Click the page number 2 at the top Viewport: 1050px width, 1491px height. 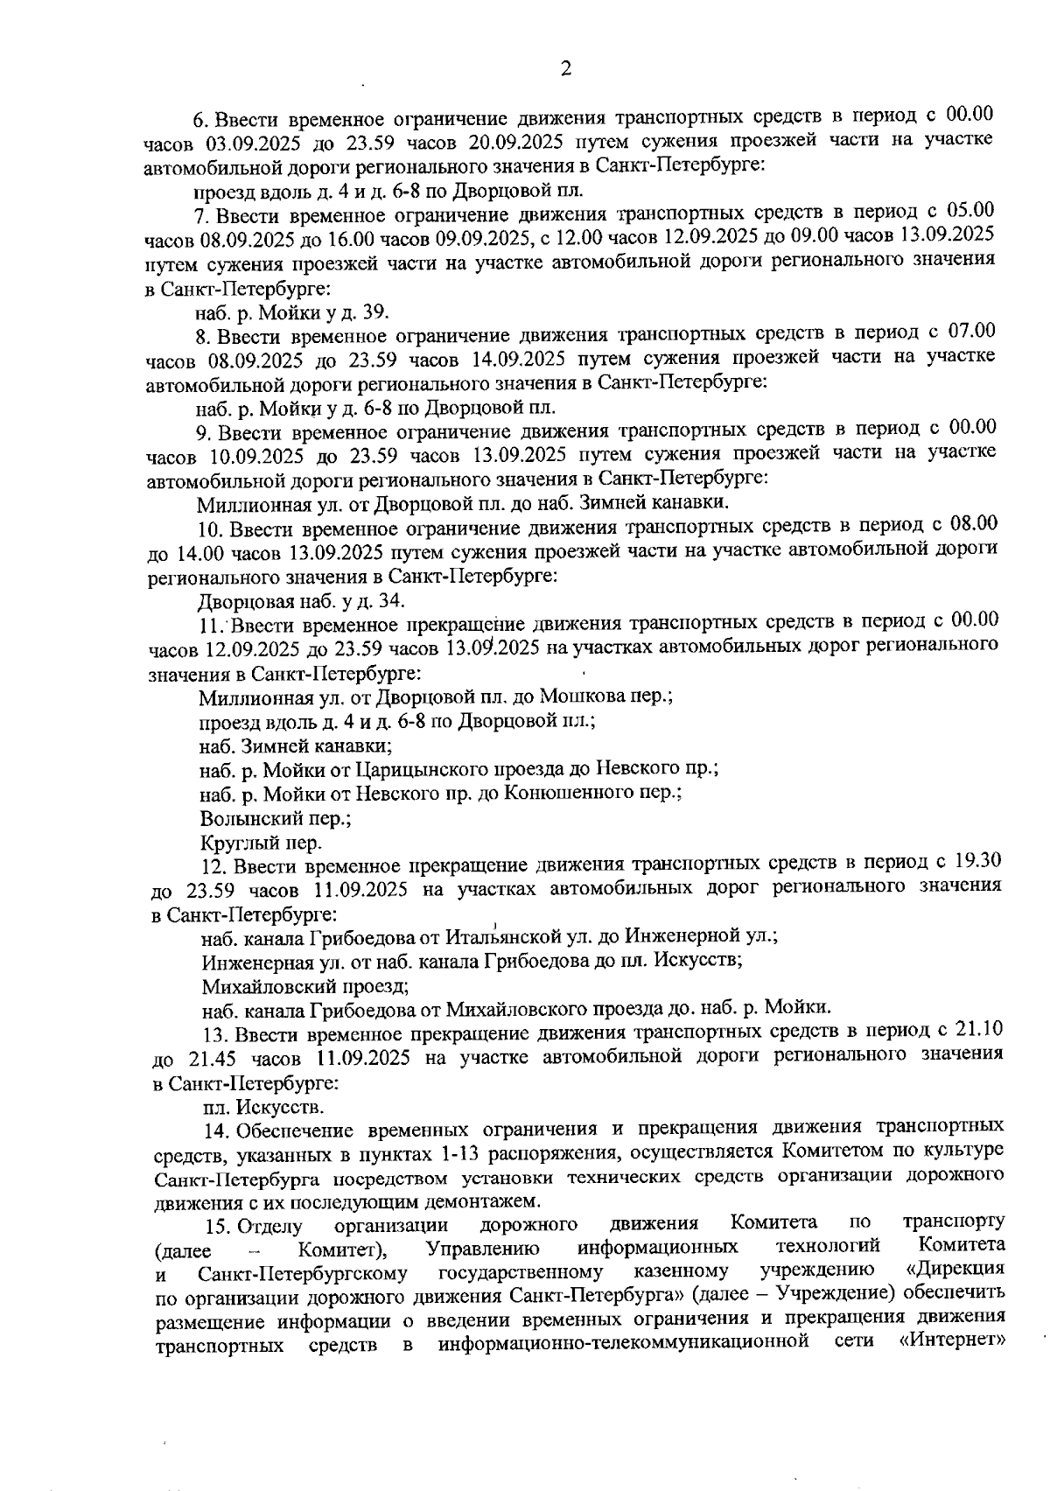tap(565, 69)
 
